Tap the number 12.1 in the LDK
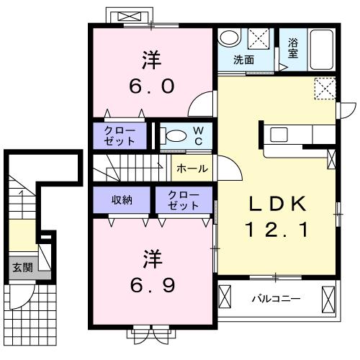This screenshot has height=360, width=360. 276,230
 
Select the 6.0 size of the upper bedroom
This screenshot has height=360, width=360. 152,87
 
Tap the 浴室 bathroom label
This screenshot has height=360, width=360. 293,48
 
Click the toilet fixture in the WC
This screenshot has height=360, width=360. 174,135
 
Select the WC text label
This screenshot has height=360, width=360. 198,135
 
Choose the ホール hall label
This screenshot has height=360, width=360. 193,169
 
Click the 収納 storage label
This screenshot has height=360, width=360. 122,199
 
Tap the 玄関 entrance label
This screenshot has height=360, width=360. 22,267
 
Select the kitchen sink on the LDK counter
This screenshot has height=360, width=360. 279,134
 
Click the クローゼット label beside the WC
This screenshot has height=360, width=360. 119,135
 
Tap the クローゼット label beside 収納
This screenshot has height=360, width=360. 184,199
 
